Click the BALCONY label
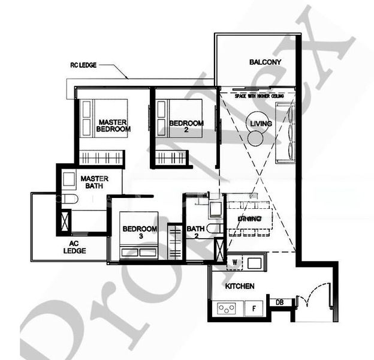pyautogui.click(x=265, y=62)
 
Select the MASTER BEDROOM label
pyautogui.click(x=113, y=124)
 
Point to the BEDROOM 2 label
pyautogui.click(x=186, y=127)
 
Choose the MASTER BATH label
pyautogui.click(x=94, y=182)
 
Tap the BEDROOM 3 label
pyautogui.click(x=140, y=233)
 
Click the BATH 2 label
pyautogui.click(x=196, y=232)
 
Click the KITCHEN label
pyautogui.click(x=240, y=286)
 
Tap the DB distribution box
pyautogui.click(x=280, y=302)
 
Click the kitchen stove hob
pyautogui.click(x=227, y=309)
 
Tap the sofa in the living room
pyautogui.click(x=283, y=131)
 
